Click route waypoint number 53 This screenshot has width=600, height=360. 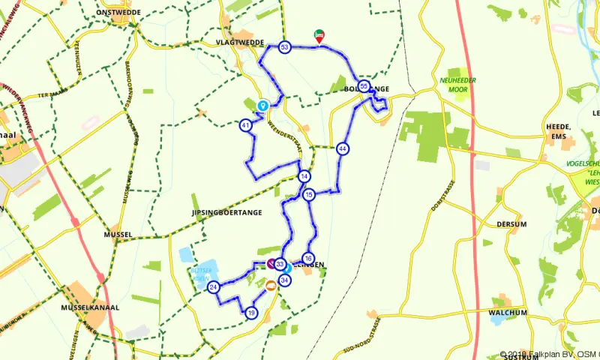[284, 47]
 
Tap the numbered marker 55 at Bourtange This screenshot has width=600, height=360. [364, 86]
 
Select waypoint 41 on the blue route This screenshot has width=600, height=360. [246, 125]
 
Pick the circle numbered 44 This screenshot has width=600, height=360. [343, 148]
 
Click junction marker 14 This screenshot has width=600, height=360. [304, 177]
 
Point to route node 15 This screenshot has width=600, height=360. [309, 195]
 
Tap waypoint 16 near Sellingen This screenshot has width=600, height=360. [308, 259]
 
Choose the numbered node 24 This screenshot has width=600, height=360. [214, 287]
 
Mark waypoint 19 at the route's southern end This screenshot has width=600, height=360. [251, 313]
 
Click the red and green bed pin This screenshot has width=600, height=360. [319, 34]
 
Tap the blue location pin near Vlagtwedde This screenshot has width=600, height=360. [262, 106]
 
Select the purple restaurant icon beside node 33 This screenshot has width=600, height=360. [271, 263]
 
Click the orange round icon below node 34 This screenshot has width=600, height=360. [271, 285]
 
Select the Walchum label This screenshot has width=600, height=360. [508, 312]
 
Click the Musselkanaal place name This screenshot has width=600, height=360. [92, 307]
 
